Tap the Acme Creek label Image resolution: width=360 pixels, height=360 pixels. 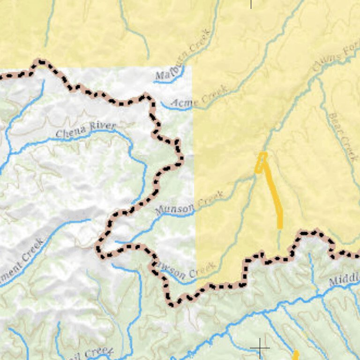(199, 97)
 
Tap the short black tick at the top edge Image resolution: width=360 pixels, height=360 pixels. (251, 4)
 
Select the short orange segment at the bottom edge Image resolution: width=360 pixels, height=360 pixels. (296, 355)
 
